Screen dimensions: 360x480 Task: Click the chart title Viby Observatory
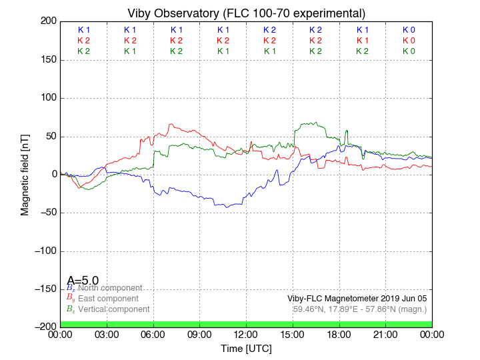click(246, 13)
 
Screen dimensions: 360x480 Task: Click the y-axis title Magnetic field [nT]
click(25, 173)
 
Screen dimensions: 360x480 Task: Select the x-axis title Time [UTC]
click(246, 348)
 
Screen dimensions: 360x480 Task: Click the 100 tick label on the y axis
click(48, 98)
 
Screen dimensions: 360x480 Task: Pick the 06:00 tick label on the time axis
click(153, 335)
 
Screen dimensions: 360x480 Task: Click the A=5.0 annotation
click(83, 281)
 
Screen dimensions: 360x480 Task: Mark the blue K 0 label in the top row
click(409, 30)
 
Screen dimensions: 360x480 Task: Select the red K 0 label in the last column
click(409, 41)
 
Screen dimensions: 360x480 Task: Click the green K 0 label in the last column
click(409, 51)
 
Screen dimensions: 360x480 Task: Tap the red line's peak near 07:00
click(171, 124)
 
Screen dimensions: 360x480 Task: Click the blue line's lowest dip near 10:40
click(227, 207)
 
